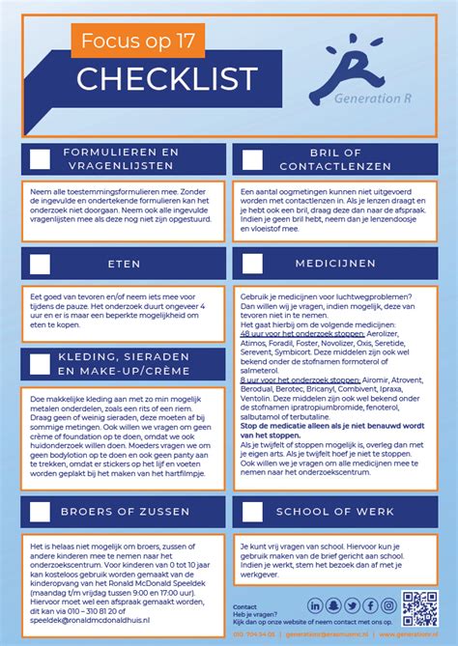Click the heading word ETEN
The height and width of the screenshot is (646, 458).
pyautogui.click(x=124, y=263)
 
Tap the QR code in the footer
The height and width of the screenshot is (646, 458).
pyautogui.click(x=419, y=607)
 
